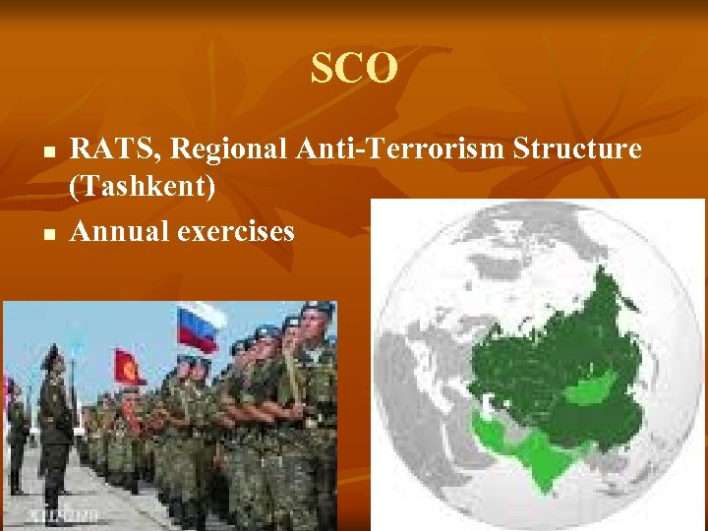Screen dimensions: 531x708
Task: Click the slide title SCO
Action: pos(354,69)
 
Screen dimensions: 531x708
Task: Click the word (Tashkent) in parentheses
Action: pos(143,186)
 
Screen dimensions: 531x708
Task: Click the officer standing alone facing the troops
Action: pos(54,423)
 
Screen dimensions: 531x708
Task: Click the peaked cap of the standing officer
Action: pos(51,352)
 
